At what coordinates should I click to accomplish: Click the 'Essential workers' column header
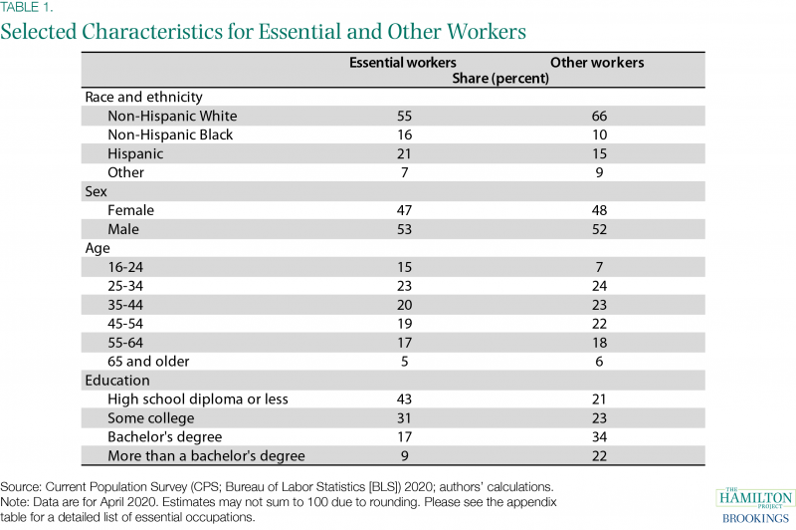coord(403,63)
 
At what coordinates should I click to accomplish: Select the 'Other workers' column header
coord(597,63)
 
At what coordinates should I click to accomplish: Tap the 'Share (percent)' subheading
coord(500,79)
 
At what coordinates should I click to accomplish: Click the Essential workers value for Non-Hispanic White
coord(404,116)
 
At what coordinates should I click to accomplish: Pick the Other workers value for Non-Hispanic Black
coord(600,134)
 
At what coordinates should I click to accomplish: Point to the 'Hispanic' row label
coord(135,154)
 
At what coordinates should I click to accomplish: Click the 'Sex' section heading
coord(96,191)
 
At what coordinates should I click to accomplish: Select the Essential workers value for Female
coord(404,210)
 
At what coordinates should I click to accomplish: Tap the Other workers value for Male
coord(600,229)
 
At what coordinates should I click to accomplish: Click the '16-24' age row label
coord(125,267)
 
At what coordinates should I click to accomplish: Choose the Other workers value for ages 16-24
coord(600,267)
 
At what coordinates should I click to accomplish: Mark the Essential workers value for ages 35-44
coord(404,305)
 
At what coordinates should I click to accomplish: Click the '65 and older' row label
coord(148,362)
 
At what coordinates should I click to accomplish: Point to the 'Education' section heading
coord(117,381)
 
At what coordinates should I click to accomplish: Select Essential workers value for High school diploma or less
coord(404,399)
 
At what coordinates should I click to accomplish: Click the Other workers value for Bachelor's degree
coord(600,437)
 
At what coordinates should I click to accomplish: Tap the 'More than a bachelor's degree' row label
coord(206,456)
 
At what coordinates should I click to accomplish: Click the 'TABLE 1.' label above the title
coord(27,7)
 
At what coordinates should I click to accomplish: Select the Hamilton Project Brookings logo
coord(755,506)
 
